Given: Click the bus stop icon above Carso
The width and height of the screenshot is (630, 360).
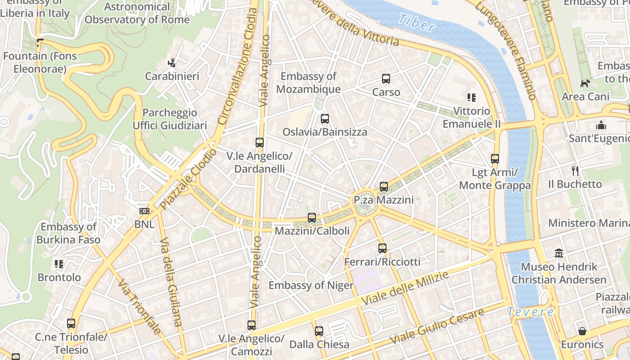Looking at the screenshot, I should (386, 79).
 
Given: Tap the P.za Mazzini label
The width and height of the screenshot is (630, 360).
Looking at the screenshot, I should (383, 199).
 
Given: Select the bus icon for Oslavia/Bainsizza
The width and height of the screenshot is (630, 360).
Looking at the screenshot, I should (324, 119).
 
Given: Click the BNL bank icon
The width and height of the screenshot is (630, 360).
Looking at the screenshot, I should (144, 211).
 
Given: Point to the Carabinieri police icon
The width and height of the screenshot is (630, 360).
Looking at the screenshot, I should (171, 63).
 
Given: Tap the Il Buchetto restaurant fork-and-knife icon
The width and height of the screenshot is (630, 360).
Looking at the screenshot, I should (575, 171).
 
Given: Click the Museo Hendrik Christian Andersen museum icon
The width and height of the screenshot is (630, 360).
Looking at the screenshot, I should (559, 253).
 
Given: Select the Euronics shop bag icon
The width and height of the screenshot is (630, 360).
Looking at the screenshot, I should (582, 331).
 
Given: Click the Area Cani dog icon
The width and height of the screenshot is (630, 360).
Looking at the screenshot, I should (585, 83).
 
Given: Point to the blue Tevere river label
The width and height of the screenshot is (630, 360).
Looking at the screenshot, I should (530, 311).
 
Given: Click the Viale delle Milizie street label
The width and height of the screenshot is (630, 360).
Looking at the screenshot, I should (405, 288).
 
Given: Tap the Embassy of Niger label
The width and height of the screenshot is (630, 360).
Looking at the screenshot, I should (311, 285).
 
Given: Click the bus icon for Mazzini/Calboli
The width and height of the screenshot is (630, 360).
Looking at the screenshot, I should (312, 218).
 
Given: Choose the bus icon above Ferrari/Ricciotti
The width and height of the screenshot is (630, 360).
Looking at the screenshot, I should (382, 248).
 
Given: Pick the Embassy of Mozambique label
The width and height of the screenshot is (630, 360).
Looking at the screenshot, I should (308, 83).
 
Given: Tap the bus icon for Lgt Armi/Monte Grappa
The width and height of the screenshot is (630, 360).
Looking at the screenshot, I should (495, 158).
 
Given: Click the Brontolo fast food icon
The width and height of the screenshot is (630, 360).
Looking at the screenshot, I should (59, 264).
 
